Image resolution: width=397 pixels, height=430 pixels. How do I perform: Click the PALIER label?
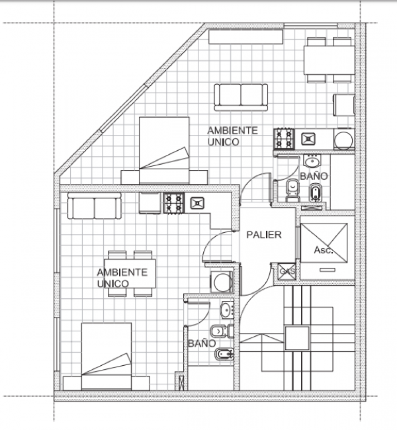[264, 235]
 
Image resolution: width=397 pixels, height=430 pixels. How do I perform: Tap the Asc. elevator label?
[323, 250]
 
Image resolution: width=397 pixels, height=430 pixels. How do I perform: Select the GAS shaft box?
[287, 272]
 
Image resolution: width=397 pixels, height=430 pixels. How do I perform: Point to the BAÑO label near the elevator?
[314, 176]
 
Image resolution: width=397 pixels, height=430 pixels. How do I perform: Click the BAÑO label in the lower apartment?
[202, 344]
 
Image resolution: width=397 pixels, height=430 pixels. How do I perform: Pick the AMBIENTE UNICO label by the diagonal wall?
[233, 136]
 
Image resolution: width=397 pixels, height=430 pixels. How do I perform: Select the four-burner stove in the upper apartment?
[284, 139]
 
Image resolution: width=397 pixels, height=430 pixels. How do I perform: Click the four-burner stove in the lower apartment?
[174, 203]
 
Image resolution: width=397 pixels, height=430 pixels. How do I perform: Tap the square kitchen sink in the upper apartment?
[308, 139]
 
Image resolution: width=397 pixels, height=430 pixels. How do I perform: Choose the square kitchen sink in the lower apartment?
[197, 203]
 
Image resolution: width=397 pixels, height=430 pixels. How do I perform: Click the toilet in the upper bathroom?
[293, 190]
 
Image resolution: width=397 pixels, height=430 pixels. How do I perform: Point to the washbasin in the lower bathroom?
[227, 310]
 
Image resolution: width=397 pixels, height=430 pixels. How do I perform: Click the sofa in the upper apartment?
[241, 97]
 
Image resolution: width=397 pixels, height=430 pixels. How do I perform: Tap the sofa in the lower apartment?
[95, 206]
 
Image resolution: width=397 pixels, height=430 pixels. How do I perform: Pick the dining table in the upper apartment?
[329, 60]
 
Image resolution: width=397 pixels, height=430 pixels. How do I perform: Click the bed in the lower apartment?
[106, 357]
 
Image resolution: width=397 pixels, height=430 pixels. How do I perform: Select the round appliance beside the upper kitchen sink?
[343, 139]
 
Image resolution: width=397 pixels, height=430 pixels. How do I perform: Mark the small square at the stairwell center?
[297, 338]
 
